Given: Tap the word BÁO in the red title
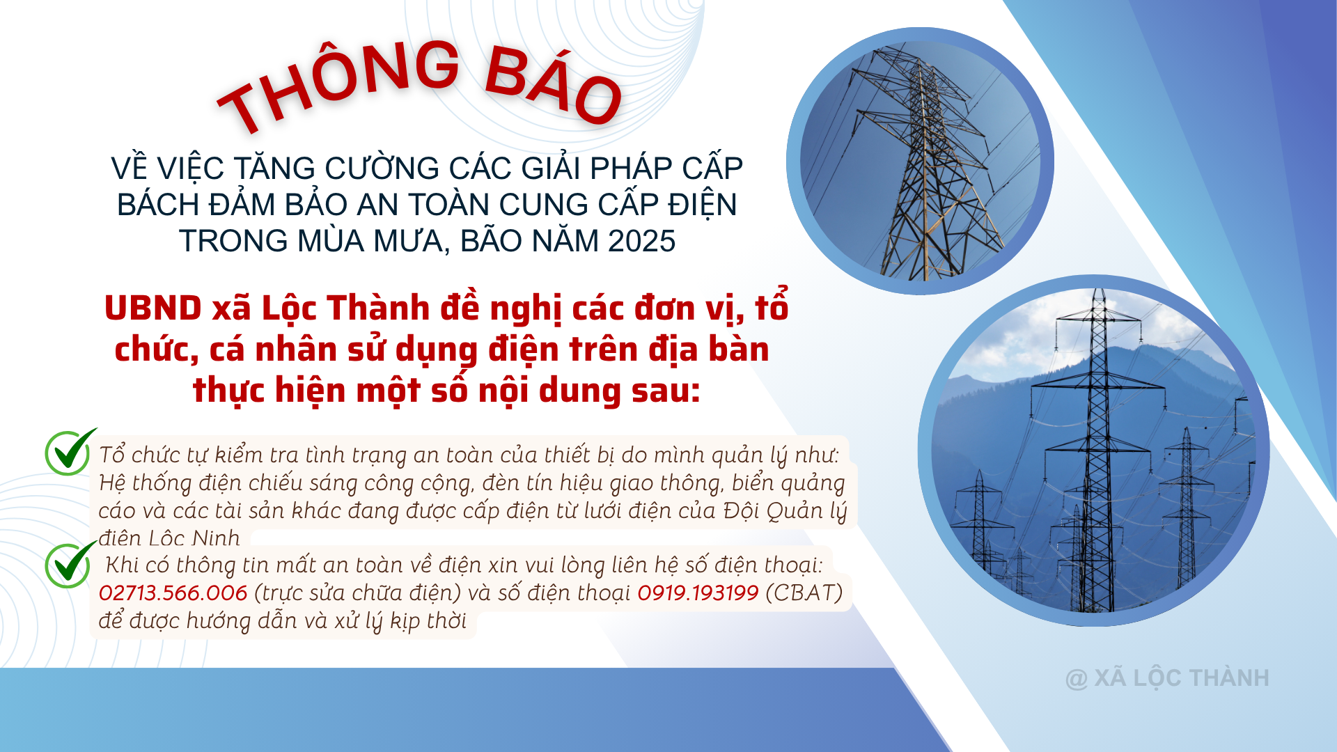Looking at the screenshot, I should [554, 84].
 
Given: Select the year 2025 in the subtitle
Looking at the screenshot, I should [641, 242].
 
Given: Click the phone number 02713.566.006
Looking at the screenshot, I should [173, 593].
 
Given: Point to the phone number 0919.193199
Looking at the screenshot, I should [698, 593].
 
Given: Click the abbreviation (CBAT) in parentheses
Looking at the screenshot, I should [804, 593].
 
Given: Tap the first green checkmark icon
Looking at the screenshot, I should [69, 453].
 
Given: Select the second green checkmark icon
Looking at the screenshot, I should [69, 565].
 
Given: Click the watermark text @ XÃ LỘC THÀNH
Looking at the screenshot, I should [1167, 678].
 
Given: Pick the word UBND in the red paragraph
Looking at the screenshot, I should [153, 308].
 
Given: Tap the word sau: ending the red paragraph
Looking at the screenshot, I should [666, 391].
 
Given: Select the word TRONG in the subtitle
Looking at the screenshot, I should [233, 242].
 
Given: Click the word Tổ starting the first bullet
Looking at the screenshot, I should [112, 455].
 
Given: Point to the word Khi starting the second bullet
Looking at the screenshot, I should [122, 565].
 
